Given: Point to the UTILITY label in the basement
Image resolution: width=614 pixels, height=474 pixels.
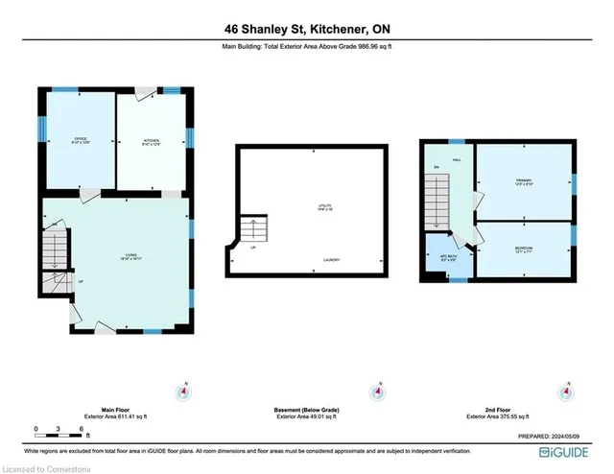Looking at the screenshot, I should (x=325, y=206).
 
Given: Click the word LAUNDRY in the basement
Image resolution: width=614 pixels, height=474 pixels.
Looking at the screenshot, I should (x=335, y=260).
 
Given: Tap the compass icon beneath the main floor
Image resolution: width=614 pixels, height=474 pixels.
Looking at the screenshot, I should (x=182, y=391).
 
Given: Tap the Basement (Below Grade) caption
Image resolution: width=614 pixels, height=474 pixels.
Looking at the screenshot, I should (x=304, y=410).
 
